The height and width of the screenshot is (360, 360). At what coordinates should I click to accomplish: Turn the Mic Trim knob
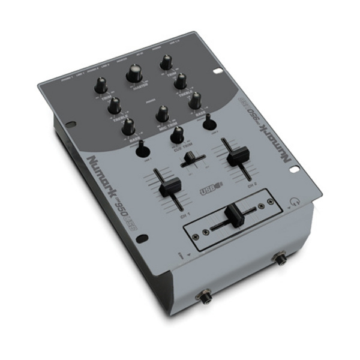(161, 113)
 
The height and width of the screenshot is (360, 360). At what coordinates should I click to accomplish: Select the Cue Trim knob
(177, 135)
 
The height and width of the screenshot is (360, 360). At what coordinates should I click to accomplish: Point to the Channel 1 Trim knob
(100, 85)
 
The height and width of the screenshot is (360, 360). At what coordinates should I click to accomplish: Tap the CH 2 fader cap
(236, 156)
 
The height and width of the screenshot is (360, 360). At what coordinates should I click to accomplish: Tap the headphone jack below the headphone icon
(279, 259)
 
